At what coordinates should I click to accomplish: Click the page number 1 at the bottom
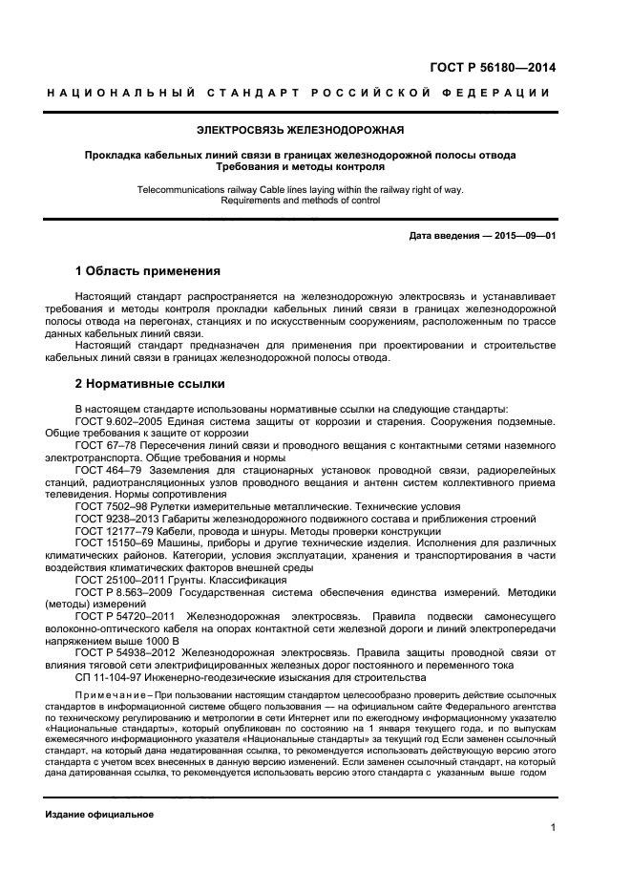tap(553, 827)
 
